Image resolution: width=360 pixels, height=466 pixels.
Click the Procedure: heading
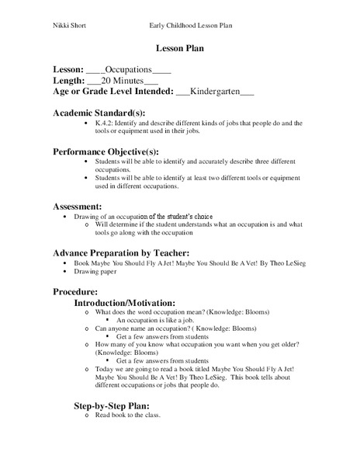point(77,290)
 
